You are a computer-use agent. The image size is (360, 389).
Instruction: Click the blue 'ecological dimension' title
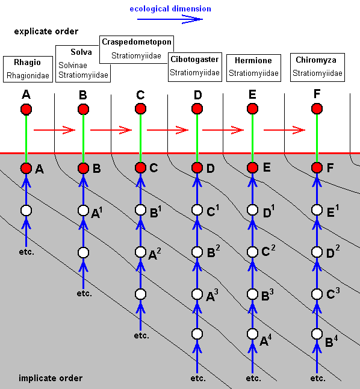170,9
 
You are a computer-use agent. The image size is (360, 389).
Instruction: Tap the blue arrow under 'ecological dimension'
170,19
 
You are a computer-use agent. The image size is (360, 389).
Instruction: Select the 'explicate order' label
46,31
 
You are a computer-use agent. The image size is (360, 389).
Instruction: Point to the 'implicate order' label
51,378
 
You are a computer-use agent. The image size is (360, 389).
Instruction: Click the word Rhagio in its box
27,62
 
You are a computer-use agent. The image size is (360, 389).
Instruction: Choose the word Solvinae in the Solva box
73,65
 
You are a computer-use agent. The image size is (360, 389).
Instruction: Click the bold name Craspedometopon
137,42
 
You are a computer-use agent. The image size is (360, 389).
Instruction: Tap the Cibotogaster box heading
194,59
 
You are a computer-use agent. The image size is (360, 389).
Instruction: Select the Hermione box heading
253,60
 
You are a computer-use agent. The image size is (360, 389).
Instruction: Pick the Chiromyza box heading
316,60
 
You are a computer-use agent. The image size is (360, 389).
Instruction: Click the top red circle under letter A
26,110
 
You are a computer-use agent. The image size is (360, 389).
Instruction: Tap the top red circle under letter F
317,108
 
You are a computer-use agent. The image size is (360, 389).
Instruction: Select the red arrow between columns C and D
167,129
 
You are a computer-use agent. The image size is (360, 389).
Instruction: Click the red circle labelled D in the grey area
197,168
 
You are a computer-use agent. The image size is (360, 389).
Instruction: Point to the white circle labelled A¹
83,211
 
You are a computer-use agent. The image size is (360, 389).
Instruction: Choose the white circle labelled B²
197,252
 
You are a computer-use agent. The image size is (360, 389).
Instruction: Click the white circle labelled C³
317,294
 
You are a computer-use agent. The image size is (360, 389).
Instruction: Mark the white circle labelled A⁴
253,334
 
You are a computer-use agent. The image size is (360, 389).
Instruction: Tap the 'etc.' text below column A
26,252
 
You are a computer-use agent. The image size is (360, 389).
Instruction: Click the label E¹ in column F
333,211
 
